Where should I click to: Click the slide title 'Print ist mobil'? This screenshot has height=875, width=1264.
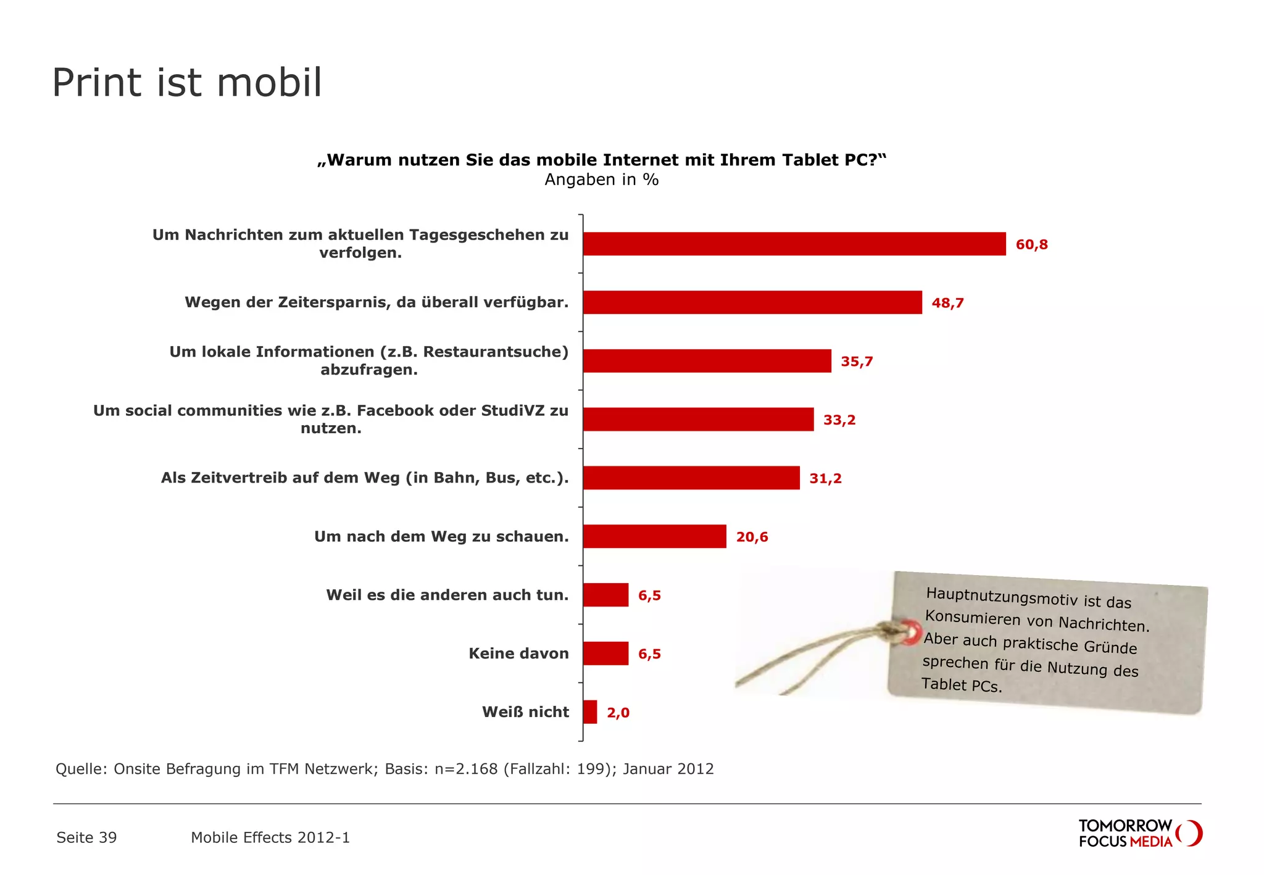187,83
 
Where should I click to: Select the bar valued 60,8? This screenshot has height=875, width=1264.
794,244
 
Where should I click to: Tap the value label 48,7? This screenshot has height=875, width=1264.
947,303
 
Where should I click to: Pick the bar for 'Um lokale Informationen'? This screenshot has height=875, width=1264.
707,361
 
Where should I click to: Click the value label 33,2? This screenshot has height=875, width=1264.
839,420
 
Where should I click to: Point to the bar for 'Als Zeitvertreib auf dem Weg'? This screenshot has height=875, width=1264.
691,478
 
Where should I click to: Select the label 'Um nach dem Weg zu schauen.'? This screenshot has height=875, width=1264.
441,537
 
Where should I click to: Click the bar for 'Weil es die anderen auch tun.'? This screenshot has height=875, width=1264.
605,595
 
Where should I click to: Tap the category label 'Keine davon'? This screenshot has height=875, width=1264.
518,653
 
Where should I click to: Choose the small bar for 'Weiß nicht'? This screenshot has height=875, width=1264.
590,712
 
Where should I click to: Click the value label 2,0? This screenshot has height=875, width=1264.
618,713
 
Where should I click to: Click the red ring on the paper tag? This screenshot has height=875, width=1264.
910,633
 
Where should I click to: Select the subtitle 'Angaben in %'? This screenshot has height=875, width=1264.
601,180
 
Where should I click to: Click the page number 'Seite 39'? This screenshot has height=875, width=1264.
86,837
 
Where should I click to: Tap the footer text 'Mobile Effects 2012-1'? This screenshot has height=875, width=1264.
270,837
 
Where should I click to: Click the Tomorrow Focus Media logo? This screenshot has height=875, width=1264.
1139,833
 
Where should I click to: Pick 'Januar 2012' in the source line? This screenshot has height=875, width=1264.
668,769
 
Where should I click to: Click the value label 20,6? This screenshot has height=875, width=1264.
752,537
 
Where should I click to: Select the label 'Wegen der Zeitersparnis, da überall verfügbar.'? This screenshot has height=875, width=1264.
376,302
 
